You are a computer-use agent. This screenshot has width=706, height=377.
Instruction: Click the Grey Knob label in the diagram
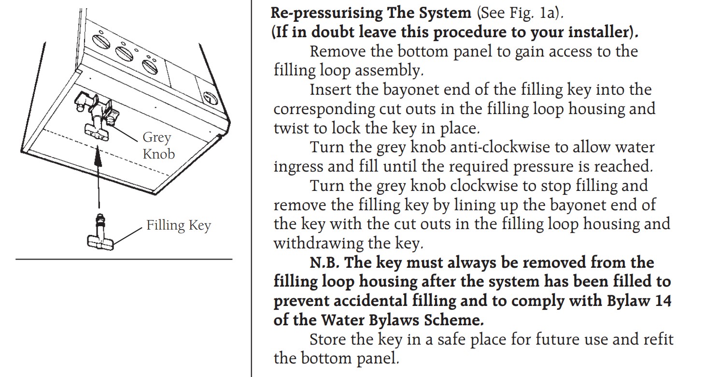(x=157, y=145)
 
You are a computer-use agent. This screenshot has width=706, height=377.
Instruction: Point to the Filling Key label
(x=178, y=226)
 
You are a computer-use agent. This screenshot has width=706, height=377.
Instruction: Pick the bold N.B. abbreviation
(x=326, y=263)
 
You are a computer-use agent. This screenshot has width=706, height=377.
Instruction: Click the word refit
(x=656, y=339)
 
